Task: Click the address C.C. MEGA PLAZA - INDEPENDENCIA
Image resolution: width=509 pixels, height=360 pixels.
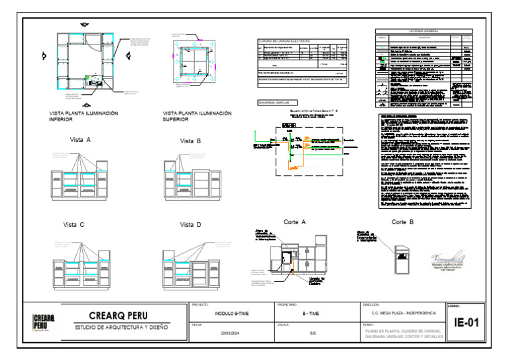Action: pos(400,313)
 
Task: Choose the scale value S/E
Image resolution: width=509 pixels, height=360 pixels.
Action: pos(313,333)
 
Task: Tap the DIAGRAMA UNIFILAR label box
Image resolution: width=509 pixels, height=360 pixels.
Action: pos(277,103)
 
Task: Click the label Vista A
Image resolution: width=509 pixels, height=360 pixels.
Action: pos(80,141)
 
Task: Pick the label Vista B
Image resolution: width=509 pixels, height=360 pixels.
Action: pos(190,141)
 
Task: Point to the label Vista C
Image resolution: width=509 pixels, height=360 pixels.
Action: pos(74,225)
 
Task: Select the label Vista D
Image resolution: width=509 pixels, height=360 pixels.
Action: pos(190,225)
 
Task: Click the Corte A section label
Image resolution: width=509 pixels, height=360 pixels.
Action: pos(294,222)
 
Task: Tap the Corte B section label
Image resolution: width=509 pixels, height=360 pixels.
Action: pos(402,222)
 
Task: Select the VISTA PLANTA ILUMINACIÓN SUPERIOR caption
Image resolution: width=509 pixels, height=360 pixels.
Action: pos(198,117)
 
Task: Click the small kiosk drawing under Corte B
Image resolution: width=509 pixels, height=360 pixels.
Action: pos(402,259)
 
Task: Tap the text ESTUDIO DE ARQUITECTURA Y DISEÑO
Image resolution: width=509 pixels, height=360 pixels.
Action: pos(121,328)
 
